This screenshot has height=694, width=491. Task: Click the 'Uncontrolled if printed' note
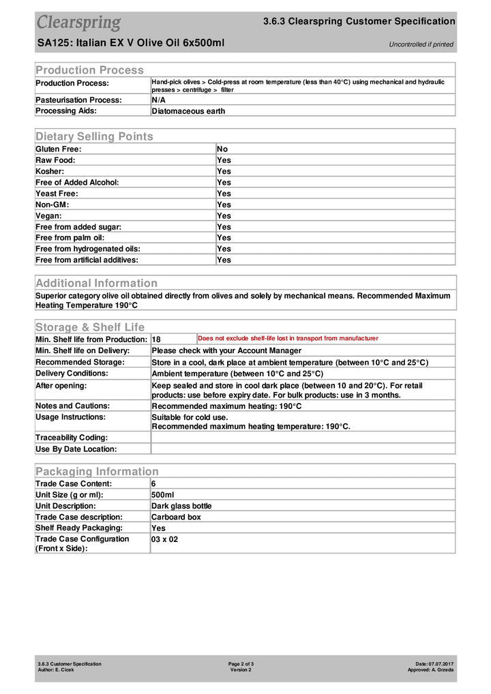[x=421, y=44]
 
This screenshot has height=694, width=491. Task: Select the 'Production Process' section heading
[x=89, y=70]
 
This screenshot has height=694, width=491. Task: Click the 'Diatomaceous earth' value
[x=188, y=110]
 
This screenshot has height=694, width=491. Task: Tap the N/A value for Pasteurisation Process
[x=158, y=100]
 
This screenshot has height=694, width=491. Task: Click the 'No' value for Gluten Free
[x=222, y=149]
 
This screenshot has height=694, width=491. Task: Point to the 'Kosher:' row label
[x=50, y=171]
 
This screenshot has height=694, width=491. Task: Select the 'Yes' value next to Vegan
[x=224, y=215]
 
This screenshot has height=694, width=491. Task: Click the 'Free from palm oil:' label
[x=69, y=237]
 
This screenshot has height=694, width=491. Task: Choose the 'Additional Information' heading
[x=96, y=283]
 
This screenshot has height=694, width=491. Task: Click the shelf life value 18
[x=156, y=340]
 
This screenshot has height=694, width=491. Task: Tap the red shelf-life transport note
[x=288, y=338]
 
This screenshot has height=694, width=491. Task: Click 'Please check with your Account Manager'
[x=226, y=350]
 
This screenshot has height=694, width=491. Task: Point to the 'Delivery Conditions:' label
[x=72, y=373]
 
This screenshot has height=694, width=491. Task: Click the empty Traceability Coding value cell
[x=302, y=438]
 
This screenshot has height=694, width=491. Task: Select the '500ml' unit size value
[x=163, y=494]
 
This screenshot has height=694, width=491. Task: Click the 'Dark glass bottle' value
[x=181, y=506]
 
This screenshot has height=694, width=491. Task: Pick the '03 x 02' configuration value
[x=164, y=539]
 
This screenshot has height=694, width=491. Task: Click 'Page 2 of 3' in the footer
[x=241, y=663]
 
